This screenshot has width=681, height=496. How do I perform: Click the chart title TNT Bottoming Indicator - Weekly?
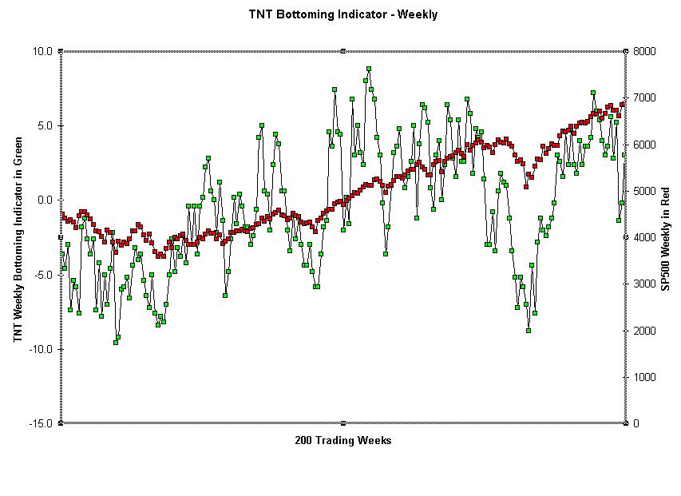[x=342, y=14]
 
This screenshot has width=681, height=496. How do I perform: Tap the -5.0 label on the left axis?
[x=43, y=275]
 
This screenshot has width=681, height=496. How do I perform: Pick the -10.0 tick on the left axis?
[x=41, y=349]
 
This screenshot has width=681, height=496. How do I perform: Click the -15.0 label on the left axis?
[x=41, y=423]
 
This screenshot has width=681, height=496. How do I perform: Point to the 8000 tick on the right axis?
[x=644, y=51]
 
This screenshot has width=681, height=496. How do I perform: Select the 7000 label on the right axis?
[x=644, y=97]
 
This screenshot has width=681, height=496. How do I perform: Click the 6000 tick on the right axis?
[x=644, y=145]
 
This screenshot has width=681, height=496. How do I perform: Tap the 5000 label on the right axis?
[x=644, y=191]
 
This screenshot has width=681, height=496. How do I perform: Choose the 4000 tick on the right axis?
[x=644, y=237]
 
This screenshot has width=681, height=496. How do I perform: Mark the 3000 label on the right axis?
[x=644, y=284]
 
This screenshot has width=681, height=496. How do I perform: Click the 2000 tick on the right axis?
[x=644, y=331]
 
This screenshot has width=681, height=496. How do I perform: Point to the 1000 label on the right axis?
[x=644, y=377]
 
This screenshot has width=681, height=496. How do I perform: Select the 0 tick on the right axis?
[x=636, y=423]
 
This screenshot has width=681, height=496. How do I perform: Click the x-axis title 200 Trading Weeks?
[x=342, y=440]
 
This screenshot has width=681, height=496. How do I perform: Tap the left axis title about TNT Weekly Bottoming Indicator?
[x=17, y=240]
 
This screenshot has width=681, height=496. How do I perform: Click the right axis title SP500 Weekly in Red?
[x=665, y=240]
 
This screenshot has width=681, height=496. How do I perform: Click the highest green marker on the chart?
[x=369, y=69]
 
